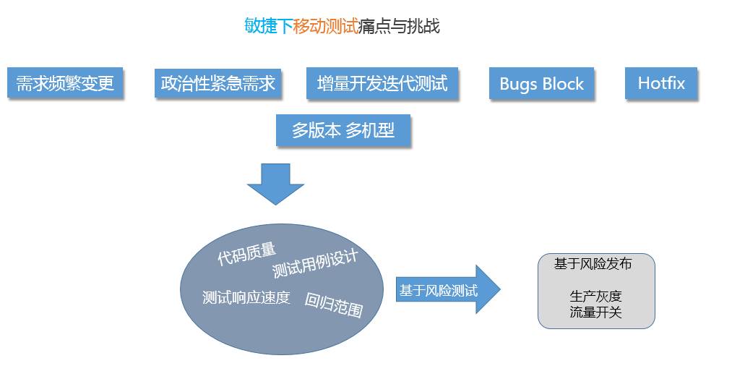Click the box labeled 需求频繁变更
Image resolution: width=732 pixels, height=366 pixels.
65,83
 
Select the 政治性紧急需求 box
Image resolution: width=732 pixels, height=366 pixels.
218,83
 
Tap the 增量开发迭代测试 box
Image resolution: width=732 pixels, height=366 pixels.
382,83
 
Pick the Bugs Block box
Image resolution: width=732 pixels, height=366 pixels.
541,83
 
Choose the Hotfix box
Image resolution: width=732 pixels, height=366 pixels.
661,83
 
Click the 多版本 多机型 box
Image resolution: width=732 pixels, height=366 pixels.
343,130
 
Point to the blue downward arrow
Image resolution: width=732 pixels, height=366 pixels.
275,184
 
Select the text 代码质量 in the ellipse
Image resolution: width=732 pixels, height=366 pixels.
246,254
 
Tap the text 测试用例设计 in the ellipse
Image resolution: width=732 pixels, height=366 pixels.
315,265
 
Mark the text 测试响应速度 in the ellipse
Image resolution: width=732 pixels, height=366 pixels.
246,297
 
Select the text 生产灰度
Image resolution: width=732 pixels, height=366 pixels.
595,297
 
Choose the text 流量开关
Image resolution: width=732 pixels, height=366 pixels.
595,312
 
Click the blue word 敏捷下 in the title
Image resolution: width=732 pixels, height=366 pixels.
269,27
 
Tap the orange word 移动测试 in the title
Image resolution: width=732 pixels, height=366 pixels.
326,27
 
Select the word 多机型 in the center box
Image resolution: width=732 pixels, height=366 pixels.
370,130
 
